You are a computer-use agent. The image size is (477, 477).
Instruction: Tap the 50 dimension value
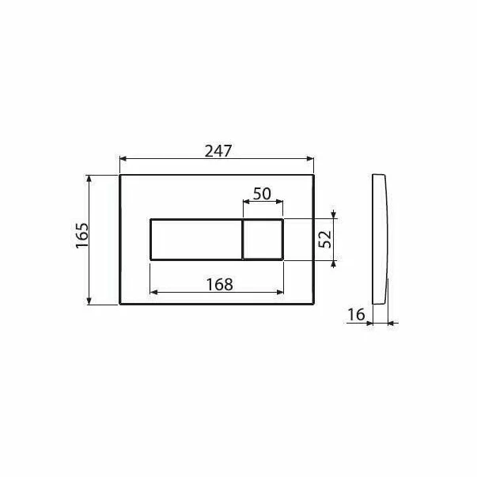[x=263, y=193]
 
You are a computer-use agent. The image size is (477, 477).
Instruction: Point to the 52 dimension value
[x=324, y=240]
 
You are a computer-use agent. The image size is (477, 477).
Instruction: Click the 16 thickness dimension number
[x=356, y=315]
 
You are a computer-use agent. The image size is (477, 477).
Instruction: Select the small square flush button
[x=263, y=239]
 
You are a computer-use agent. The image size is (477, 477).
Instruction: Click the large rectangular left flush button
[x=195, y=239]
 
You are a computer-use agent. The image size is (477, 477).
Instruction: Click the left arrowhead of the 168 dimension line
[x=153, y=291]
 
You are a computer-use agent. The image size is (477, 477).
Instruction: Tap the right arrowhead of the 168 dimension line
[x=280, y=291]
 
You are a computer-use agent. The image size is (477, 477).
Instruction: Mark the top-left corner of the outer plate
[x=119, y=175]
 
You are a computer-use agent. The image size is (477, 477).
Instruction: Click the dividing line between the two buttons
[x=242, y=239]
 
